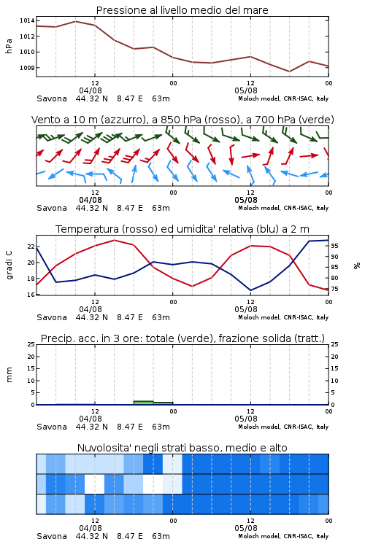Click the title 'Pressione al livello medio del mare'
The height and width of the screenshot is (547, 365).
[182, 10]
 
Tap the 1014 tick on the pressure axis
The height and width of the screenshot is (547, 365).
[27, 20]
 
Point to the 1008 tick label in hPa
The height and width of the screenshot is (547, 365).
[27, 68]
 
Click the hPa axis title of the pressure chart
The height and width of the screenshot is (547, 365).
[9, 46]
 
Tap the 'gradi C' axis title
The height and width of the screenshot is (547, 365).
[9, 265]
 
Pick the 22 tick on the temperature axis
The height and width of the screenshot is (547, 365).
[31, 247]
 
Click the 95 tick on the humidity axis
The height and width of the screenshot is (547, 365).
[334, 246]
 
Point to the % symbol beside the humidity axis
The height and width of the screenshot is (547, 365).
[357, 265]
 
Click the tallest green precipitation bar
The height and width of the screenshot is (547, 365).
[143, 403]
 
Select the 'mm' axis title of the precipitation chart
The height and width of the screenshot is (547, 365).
[9, 374]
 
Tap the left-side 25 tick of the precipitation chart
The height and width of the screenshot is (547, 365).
[31, 344]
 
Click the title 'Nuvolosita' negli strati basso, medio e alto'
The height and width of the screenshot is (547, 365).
[182, 448]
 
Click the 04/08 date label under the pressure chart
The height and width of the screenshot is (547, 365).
[91, 90]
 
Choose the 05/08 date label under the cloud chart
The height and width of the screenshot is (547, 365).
[246, 528]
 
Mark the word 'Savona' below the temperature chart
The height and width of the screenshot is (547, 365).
[52, 317]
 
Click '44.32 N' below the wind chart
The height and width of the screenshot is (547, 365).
[91, 208]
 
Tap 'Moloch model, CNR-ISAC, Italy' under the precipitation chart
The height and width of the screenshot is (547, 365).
[283, 427]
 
